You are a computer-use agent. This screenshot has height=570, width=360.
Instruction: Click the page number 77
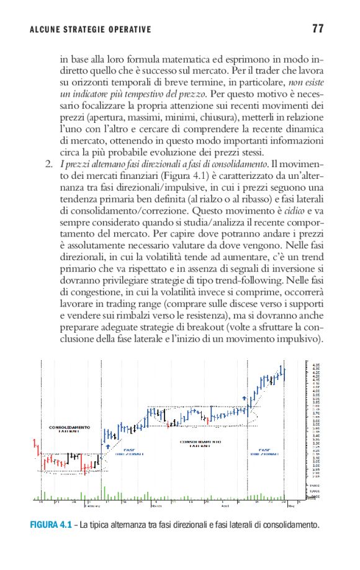click(318, 29)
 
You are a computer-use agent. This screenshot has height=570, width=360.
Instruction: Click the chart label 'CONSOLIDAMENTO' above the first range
click(70, 427)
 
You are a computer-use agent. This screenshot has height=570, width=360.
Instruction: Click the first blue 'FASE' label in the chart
click(130, 450)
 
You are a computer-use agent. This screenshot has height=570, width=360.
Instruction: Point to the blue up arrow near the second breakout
click(245, 397)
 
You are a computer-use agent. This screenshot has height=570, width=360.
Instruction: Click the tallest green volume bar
click(104, 491)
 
